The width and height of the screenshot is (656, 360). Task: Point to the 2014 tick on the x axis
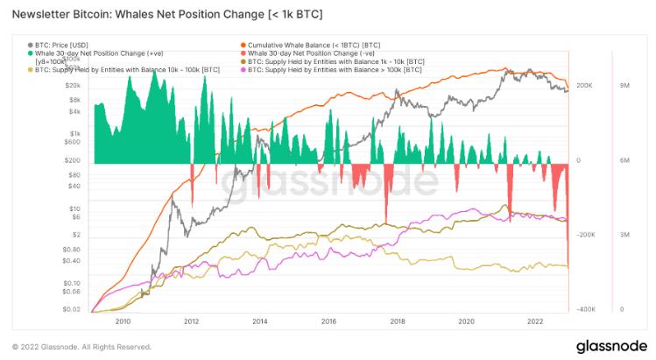click(259, 321)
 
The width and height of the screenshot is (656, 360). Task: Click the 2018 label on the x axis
click(397, 321)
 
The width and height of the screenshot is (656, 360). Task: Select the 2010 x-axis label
click(123, 321)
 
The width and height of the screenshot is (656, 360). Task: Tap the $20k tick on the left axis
click(73, 86)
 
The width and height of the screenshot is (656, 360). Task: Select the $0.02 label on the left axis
click(71, 310)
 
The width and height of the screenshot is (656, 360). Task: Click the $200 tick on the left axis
click(74, 160)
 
